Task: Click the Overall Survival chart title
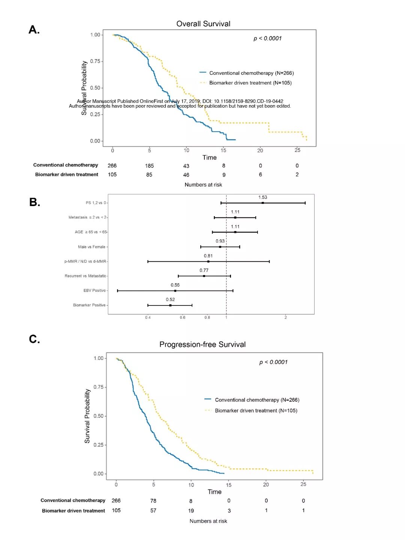203,24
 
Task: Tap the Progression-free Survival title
202,344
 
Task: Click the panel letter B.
34,202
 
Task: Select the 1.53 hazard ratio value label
262,197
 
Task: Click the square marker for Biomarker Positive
170,305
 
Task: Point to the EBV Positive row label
94,290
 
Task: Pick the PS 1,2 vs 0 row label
96,203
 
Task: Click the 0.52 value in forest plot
170,299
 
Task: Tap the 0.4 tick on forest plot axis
148,317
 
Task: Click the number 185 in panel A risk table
149,165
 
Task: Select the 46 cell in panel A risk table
186,175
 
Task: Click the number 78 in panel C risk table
153,501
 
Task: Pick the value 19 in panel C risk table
191,511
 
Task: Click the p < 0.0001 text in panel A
267,38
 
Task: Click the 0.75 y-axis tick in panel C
98,387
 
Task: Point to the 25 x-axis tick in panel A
297,150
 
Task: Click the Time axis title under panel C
214,492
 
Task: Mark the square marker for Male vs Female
220,247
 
